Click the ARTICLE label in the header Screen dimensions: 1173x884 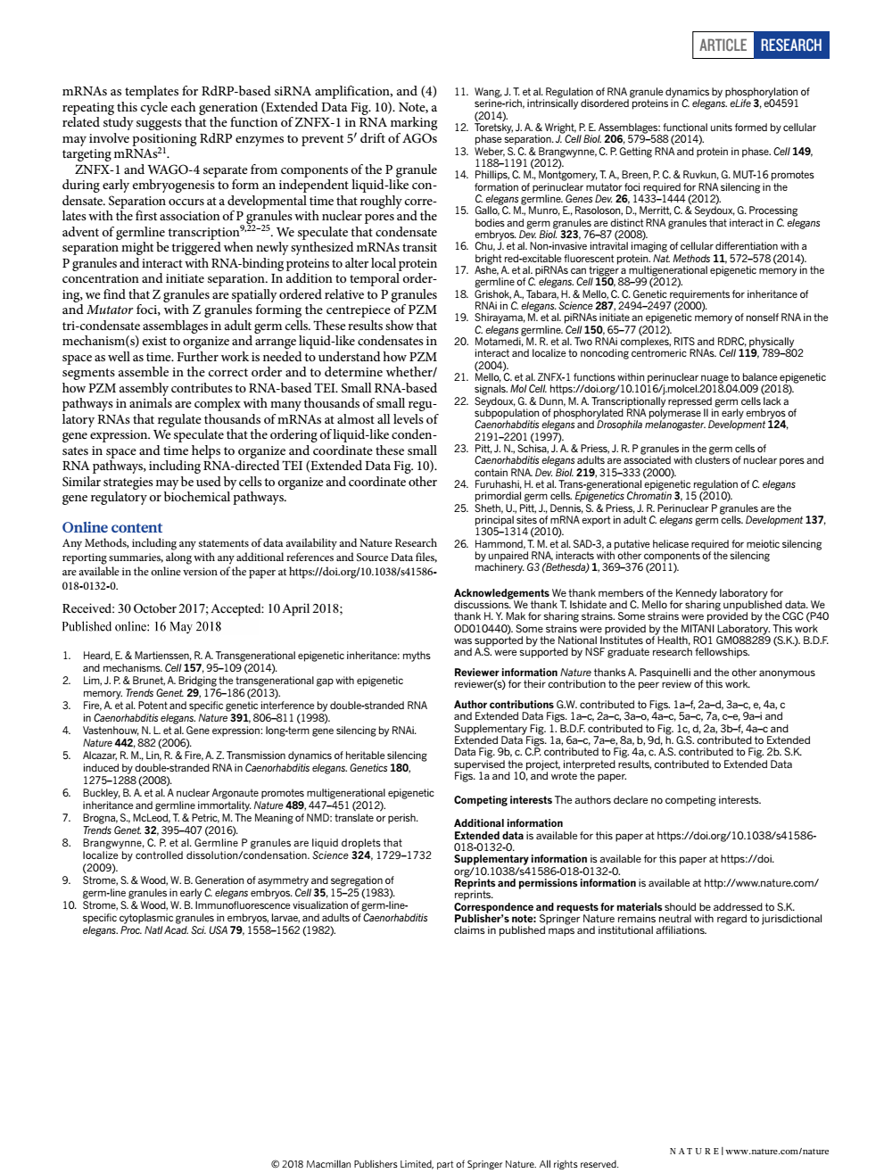[x=723, y=45]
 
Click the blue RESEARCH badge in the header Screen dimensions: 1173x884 [x=791, y=45]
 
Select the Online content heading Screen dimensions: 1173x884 [x=112, y=527]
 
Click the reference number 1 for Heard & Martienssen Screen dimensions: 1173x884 [x=66, y=656]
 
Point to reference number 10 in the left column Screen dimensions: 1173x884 [x=69, y=905]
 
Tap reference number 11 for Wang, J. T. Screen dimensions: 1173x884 [x=461, y=92]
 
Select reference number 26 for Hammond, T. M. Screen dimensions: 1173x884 [x=461, y=543]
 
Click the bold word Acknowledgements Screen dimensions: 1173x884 [x=501, y=593]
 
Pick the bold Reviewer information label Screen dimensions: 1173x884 [x=506, y=673]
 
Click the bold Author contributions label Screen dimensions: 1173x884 [x=504, y=705]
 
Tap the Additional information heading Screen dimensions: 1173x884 [x=508, y=823]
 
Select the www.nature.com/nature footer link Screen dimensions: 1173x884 [x=777, y=1151]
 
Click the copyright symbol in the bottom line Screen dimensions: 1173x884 [x=275, y=1164]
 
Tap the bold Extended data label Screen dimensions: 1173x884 [x=489, y=836]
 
